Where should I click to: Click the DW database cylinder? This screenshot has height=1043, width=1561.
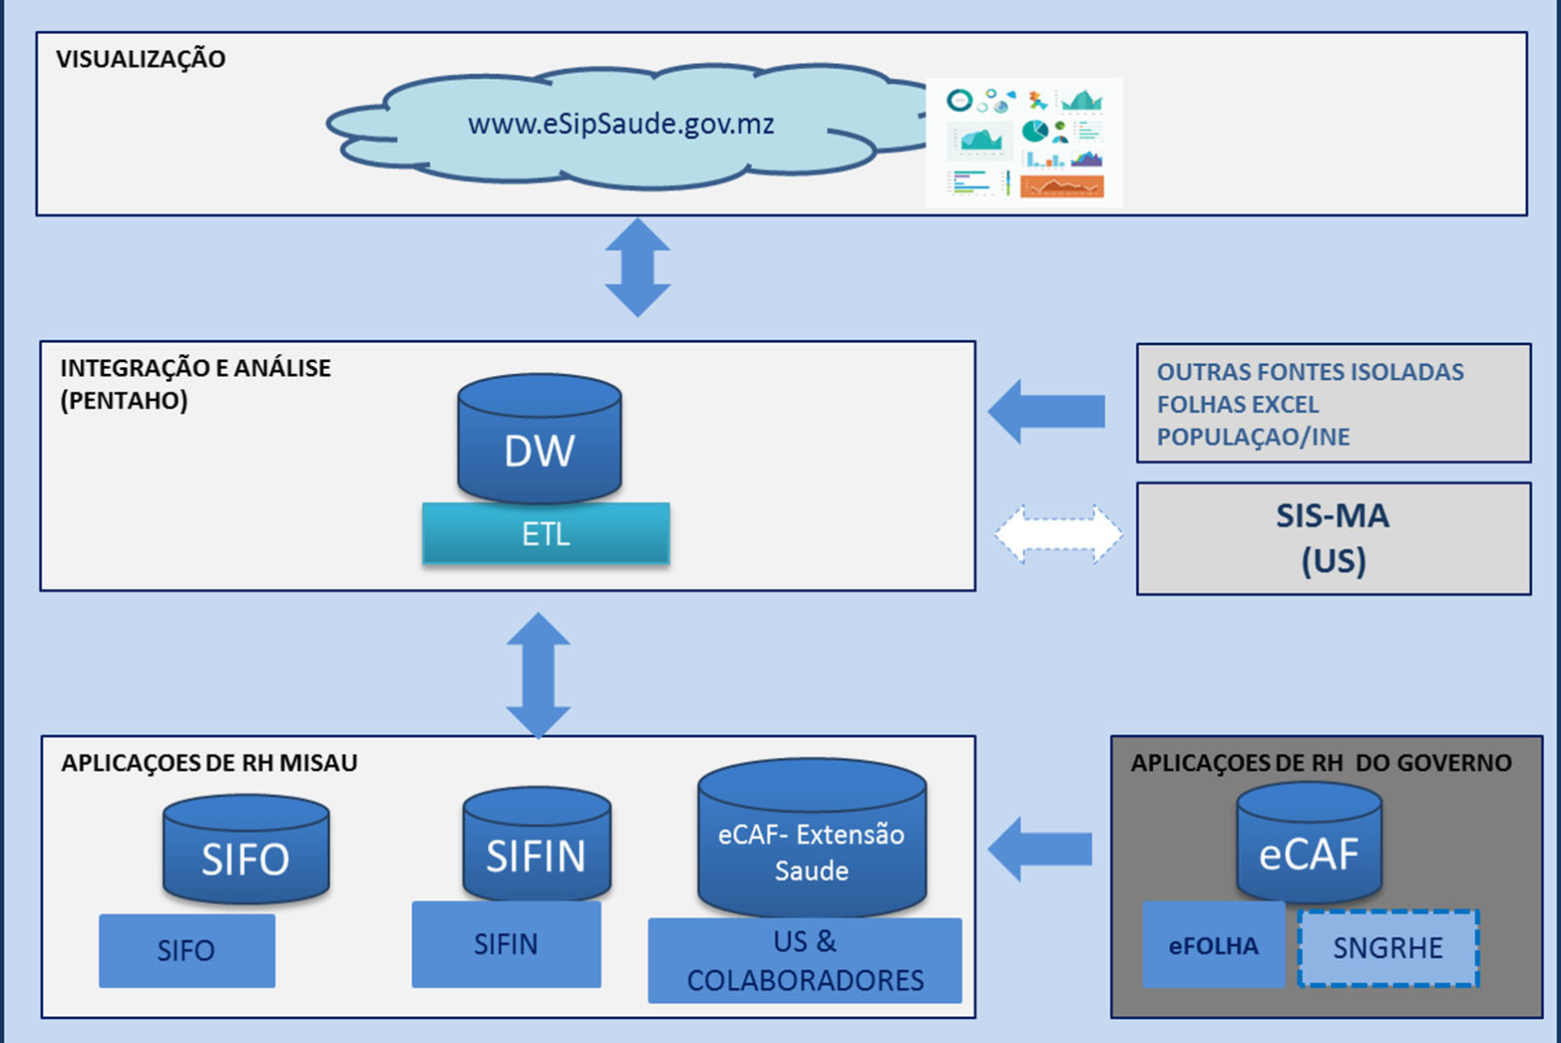click(x=540, y=439)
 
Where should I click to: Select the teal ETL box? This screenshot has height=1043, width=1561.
click(x=546, y=533)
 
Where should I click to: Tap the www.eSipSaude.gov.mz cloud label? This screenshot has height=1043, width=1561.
click(x=621, y=124)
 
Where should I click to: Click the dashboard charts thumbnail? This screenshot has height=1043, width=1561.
click(x=1024, y=143)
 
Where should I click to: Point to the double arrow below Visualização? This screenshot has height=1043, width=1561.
click(x=637, y=267)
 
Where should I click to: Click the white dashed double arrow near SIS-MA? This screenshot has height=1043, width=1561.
click(x=1058, y=533)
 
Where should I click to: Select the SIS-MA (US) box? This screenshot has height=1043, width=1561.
click(x=1334, y=538)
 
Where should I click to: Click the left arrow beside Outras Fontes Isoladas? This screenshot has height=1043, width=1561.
click(x=1046, y=411)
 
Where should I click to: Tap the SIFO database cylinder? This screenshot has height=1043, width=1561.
click(x=246, y=850)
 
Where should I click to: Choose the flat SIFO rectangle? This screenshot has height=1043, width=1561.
click(x=187, y=950)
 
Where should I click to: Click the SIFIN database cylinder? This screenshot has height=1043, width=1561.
click(x=537, y=846)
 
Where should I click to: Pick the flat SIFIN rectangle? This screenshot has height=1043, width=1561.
click(x=506, y=944)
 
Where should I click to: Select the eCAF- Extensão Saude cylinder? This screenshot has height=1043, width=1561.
click(x=812, y=839)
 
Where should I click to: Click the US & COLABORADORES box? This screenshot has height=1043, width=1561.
click(x=805, y=961)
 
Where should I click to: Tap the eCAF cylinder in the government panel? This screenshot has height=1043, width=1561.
click(x=1309, y=843)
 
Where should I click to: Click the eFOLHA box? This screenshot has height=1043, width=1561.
click(x=1214, y=944)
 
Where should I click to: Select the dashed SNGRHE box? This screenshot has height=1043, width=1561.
click(x=1388, y=947)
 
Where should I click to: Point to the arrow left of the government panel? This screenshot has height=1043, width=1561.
click(x=1040, y=850)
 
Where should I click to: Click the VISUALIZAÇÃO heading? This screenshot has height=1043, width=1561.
click(x=141, y=59)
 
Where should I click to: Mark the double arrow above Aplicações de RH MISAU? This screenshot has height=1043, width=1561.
click(x=538, y=675)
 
